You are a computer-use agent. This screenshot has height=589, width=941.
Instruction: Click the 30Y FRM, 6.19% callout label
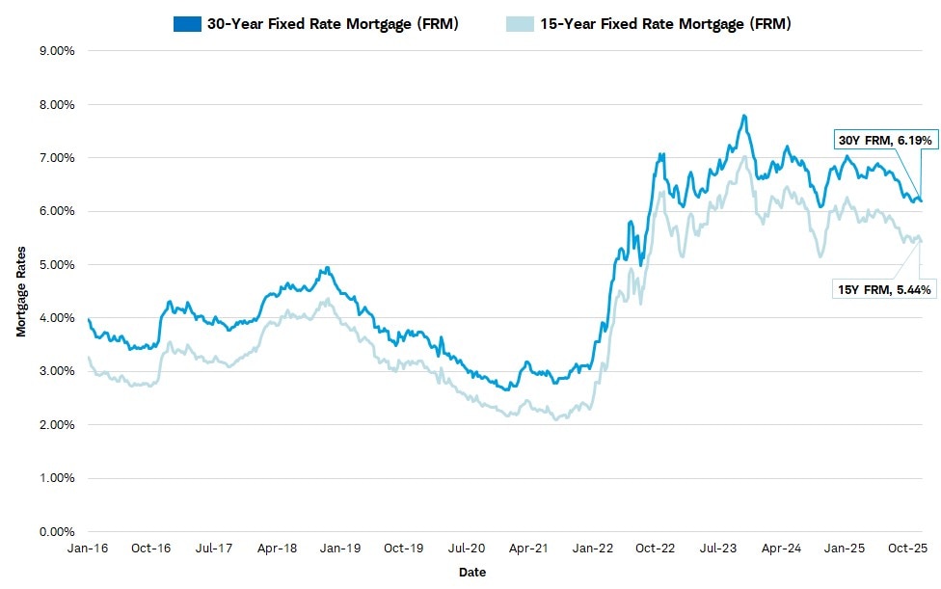pos(884,140)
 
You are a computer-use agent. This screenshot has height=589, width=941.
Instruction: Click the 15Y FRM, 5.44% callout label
pos(884,287)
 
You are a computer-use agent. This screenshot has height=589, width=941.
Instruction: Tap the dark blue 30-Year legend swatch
pos(186,24)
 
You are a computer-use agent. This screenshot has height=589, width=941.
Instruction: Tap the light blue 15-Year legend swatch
pos(518,24)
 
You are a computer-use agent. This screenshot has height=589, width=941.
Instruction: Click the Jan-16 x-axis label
pos(88,548)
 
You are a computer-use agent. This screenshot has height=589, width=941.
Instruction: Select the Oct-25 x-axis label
pos(907,548)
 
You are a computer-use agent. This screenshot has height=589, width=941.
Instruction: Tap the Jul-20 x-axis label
pos(467,548)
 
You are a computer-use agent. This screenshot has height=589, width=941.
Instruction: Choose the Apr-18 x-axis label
pos(278,548)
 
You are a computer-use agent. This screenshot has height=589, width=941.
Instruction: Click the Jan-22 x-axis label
pos(592,548)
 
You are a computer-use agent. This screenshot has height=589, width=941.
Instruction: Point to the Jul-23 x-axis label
pos(718,548)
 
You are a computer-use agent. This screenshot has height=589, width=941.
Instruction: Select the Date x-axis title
pos(472,573)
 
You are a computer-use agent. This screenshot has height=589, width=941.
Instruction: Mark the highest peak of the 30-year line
pos(743,116)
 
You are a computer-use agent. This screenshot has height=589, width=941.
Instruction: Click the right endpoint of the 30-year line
pos(920,201)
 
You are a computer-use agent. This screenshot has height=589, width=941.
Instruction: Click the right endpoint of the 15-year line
pos(920,241)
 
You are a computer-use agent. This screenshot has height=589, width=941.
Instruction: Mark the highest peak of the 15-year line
pos(742,157)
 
